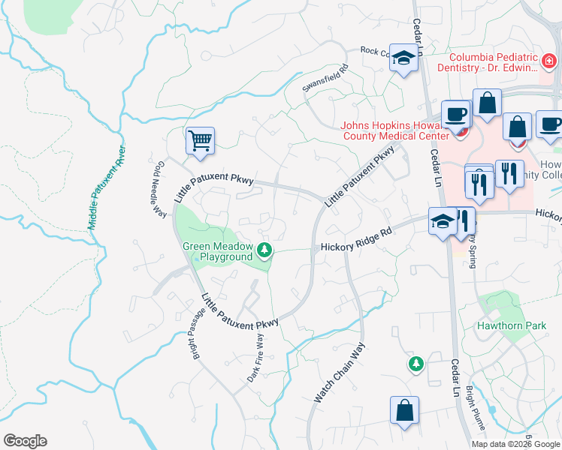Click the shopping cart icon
[x=200, y=140]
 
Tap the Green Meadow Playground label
[x=216, y=251]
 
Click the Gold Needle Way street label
[x=156, y=189]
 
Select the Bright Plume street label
[x=475, y=409]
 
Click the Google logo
[x=25, y=440]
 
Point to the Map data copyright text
[x=515, y=443]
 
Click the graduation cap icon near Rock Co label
[x=403, y=58]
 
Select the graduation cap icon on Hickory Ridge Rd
[x=443, y=220]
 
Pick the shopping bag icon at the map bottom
[x=404, y=410]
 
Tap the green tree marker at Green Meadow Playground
[x=264, y=250]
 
